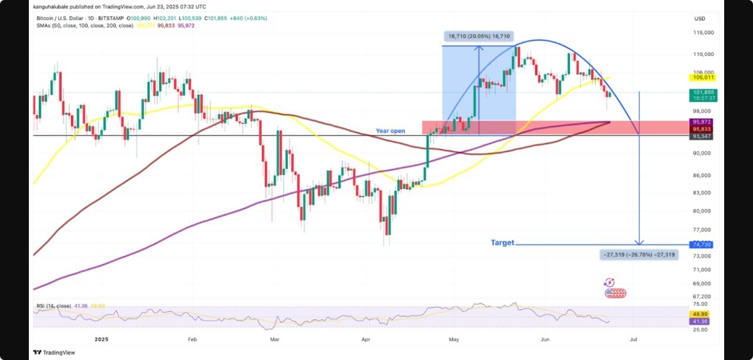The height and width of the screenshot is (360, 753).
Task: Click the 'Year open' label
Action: tap(391, 131)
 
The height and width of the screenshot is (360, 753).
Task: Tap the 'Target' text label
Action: tap(502, 242)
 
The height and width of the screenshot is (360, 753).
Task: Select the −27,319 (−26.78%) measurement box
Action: tap(638, 255)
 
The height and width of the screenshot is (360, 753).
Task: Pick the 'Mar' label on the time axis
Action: tap(273, 339)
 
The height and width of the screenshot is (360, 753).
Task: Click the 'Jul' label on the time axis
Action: tap(634, 339)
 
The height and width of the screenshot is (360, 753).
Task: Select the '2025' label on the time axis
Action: tap(102, 339)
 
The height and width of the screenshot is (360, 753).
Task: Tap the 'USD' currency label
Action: tap(699, 19)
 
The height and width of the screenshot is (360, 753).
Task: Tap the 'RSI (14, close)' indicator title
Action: tap(52, 306)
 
